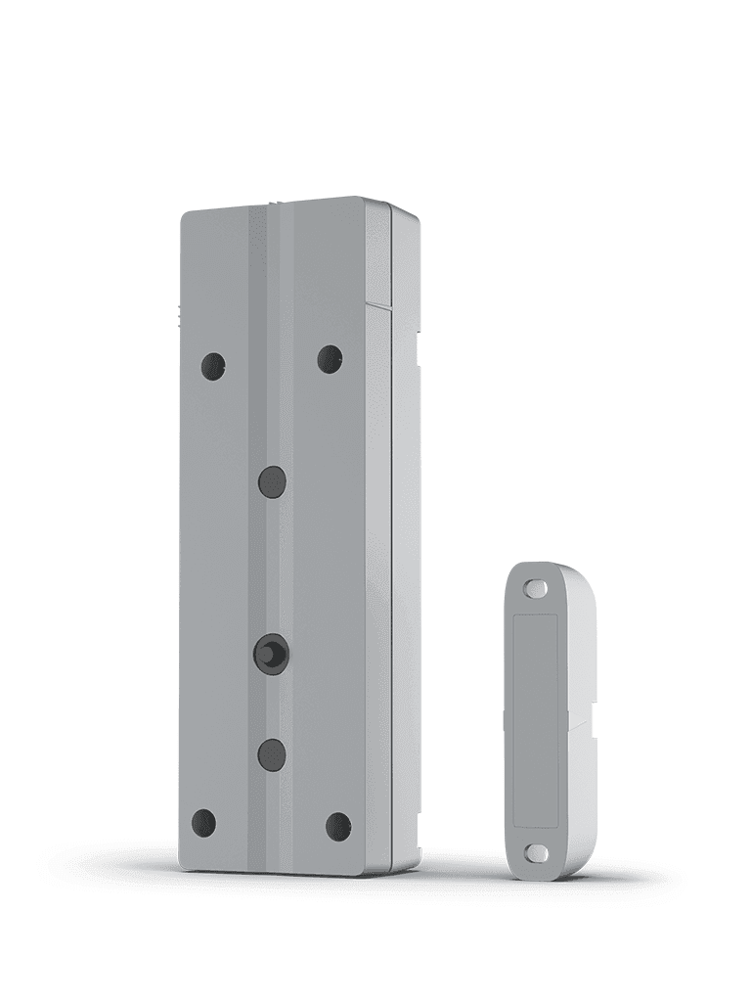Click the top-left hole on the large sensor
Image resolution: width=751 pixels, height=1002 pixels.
click(x=213, y=366)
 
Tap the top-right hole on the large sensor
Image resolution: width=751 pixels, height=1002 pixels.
click(x=330, y=359)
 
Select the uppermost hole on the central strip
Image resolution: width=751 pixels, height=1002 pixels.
click(x=272, y=481)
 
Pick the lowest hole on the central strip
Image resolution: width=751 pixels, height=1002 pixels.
click(x=272, y=753)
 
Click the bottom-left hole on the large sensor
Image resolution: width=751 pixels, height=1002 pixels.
click(x=203, y=823)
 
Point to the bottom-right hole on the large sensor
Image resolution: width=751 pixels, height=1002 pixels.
click(x=338, y=826)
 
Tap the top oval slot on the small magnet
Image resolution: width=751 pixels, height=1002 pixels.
click(x=535, y=589)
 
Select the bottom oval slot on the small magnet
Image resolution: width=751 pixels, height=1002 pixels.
click(x=537, y=852)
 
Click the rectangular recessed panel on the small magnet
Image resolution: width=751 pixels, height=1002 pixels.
click(x=536, y=721)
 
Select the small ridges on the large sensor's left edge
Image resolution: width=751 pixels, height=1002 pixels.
click(x=180, y=314)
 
